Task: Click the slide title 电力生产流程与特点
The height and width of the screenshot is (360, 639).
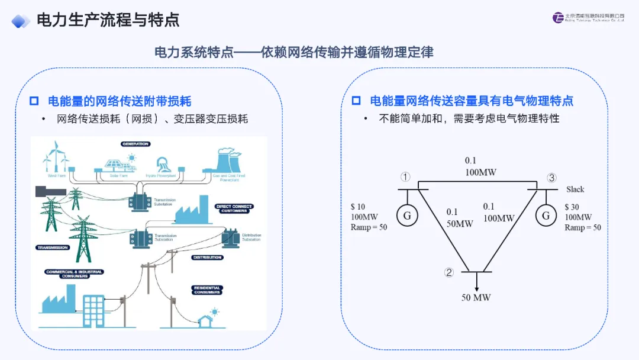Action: pyautogui.click(x=108, y=20)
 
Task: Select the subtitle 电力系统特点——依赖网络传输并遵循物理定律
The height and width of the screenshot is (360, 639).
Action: pyautogui.click(x=293, y=52)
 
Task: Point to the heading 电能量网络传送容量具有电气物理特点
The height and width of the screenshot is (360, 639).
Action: pyautogui.click(x=471, y=101)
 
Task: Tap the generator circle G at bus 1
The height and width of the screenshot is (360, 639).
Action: pyautogui.click(x=407, y=216)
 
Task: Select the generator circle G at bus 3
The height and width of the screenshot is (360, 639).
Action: pyautogui.click(x=546, y=216)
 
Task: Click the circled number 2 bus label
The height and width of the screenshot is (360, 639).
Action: pyautogui.click(x=449, y=272)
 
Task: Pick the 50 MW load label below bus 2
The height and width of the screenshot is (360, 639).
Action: pyautogui.click(x=476, y=297)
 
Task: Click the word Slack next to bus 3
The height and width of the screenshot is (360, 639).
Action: pyautogui.click(x=575, y=189)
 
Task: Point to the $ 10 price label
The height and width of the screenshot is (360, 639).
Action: pyautogui.click(x=358, y=207)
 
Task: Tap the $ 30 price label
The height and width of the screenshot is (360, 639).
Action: pyautogui.click(x=572, y=207)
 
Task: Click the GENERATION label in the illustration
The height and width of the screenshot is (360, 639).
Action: pyautogui.click(x=135, y=144)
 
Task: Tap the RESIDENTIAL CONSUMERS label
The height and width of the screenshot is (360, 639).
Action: pyautogui.click(x=207, y=290)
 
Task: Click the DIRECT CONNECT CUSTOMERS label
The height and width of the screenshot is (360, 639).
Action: pyautogui.click(x=234, y=208)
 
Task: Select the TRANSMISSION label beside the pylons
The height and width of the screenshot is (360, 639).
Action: pyautogui.click(x=52, y=247)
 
